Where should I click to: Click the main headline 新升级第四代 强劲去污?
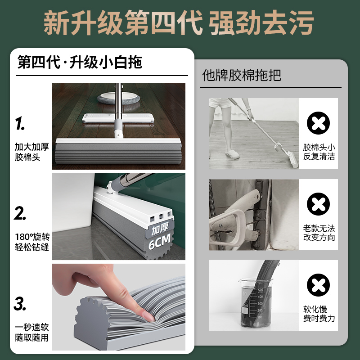tap(179, 22)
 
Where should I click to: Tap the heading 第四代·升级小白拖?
tap(80, 62)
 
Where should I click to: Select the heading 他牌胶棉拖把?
tap(242, 75)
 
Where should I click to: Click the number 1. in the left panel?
tap(20, 123)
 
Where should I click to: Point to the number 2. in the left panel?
tap(20, 213)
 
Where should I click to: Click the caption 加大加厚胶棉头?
tap(32, 152)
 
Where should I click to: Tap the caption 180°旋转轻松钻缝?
tap(32, 242)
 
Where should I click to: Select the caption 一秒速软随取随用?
tap(32, 332)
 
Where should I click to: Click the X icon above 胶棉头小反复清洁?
tap(318, 123)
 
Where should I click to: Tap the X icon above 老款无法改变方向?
tap(318, 204)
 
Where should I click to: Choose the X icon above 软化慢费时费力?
tap(318, 285)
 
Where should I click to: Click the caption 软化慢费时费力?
tap(319, 314)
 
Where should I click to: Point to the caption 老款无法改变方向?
tap(319, 233)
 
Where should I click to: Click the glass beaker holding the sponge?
tap(255, 303)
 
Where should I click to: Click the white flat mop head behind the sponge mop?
tap(118, 118)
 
